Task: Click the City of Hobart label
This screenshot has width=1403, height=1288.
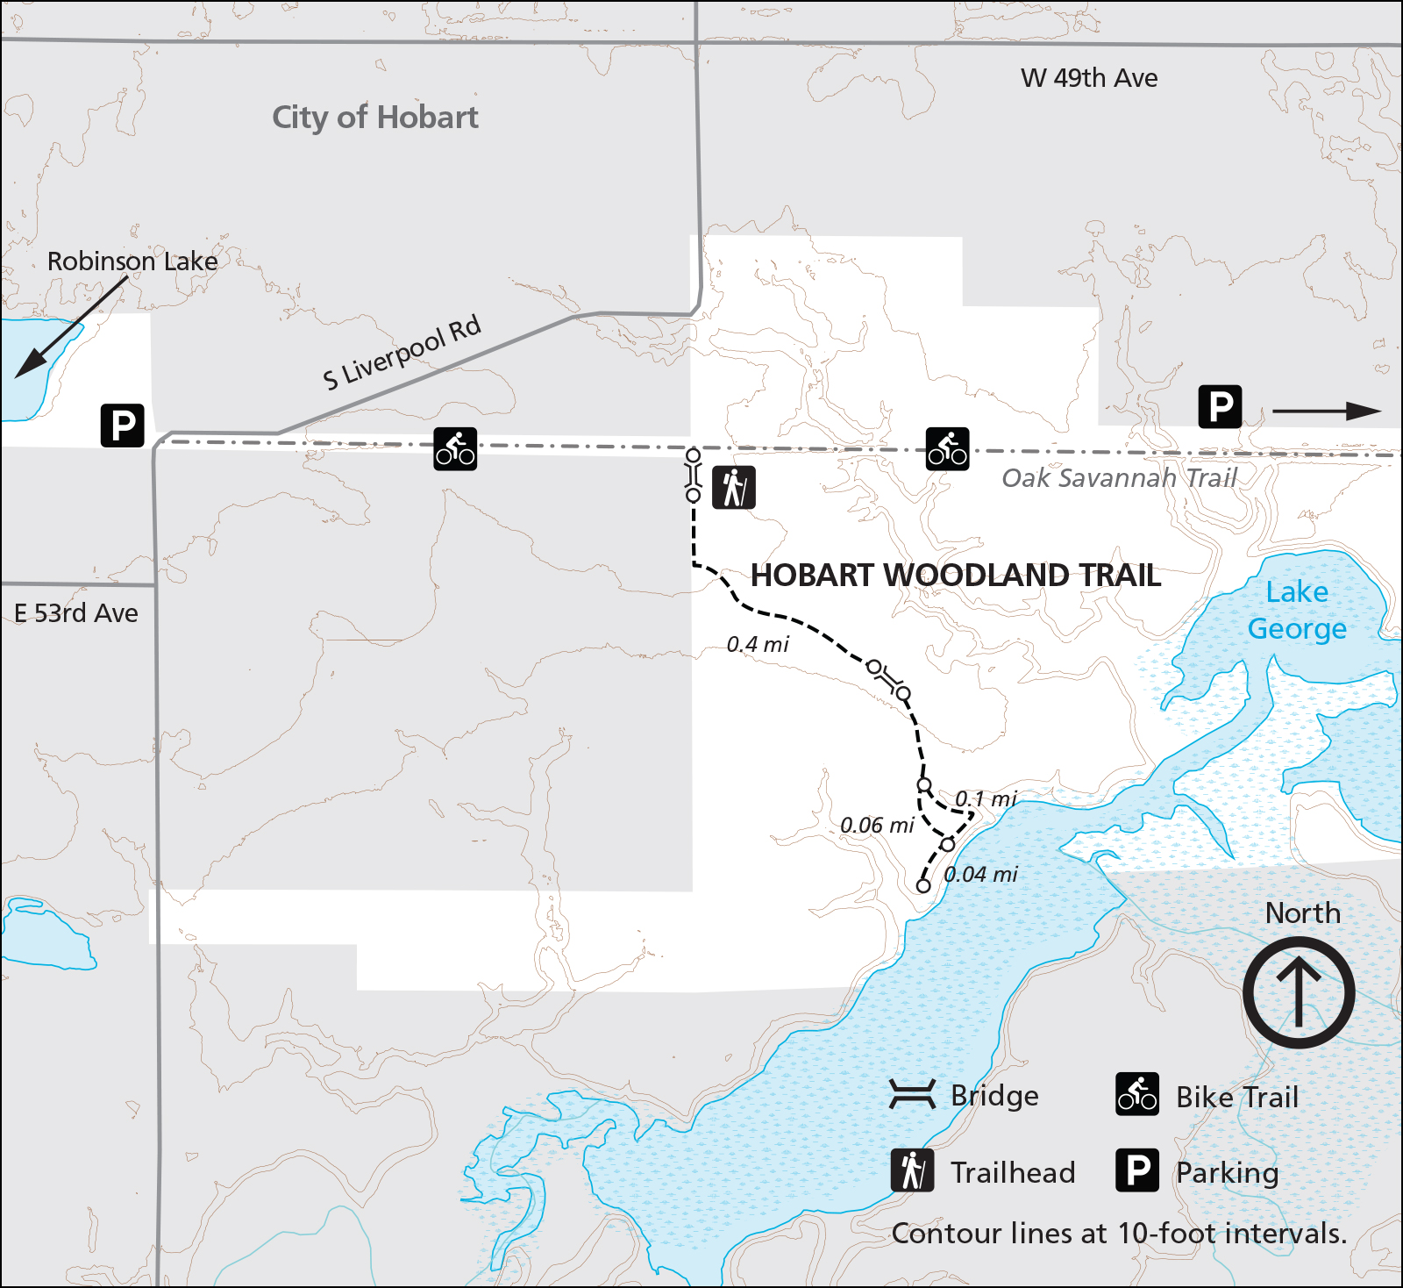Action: coord(374,118)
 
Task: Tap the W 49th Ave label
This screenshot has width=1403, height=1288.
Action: coord(1088,78)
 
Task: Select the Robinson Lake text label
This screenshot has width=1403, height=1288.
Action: coord(132,261)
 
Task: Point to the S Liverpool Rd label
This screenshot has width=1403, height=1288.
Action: coord(402,353)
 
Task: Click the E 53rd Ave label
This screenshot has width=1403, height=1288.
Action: coord(76,613)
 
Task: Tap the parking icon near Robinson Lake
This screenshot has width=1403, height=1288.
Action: coord(123,426)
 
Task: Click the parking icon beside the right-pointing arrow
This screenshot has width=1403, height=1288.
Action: coord(1220,407)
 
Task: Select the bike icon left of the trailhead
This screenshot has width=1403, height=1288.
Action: coord(455,449)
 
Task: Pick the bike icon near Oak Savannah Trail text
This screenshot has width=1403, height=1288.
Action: coord(947,449)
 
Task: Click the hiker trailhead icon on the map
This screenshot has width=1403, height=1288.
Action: coord(734,488)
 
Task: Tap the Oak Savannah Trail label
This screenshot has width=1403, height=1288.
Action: coord(1119,478)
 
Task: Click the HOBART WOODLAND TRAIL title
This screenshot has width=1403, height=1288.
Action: coord(956,576)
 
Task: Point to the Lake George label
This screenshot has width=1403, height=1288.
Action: coord(1297,611)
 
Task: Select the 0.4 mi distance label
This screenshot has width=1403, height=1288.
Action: coord(758,645)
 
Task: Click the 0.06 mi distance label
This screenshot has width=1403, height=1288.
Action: coord(877,826)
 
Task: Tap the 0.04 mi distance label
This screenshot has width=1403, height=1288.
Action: coord(980,875)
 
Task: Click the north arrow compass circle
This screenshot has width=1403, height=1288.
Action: coord(1299,992)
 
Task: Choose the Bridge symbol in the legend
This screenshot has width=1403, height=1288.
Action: coord(913,1095)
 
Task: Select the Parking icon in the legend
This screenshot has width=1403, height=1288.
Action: coord(1137,1170)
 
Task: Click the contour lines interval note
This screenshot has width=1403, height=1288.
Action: coord(1119,1234)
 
